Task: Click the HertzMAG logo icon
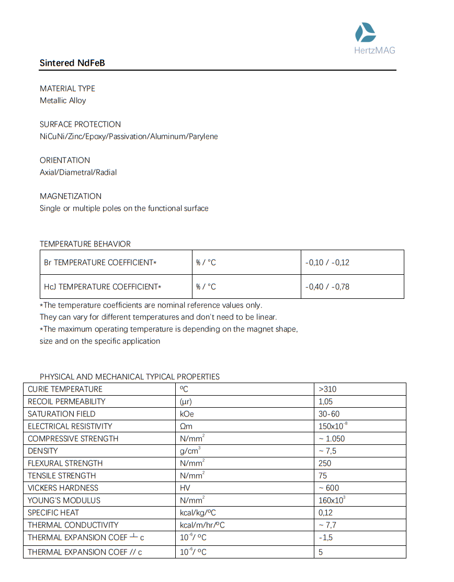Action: (365, 32)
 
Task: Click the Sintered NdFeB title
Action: (72, 63)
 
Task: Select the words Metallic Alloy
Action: (63, 100)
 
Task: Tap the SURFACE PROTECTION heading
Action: (80, 125)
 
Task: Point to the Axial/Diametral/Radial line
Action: (78, 172)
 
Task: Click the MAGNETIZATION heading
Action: (71, 196)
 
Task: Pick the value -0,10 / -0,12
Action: (327, 263)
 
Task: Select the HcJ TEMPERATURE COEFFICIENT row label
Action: (103, 287)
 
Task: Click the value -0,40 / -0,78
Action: (327, 287)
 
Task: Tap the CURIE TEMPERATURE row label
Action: (65, 389)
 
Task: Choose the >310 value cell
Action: (327, 389)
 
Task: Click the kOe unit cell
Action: (187, 414)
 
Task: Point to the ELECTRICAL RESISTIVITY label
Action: (70, 427)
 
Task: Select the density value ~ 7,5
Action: (327, 451)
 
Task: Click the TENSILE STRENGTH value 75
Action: (323, 476)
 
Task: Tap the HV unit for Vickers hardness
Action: (185, 488)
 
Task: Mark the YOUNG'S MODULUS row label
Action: (64, 500)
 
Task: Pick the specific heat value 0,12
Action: (325, 513)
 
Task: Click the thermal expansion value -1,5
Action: (325, 538)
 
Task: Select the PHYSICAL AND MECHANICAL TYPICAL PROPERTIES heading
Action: (130, 377)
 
